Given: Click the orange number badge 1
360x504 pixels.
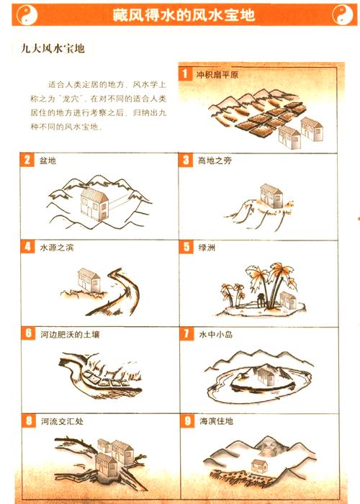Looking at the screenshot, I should click(x=186, y=73).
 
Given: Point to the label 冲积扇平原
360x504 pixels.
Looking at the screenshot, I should click(x=217, y=74).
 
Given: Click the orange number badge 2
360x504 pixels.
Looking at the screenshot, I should click(x=27, y=160).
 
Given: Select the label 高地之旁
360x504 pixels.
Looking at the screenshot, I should click(x=215, y=160).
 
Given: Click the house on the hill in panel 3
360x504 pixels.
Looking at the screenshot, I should click(x=271, y=194).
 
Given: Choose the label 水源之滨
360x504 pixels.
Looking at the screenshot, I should click(x=57, y=247).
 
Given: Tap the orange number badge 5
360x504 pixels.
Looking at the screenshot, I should click(x=186, y=247).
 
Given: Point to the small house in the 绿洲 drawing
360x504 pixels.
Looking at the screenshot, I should click(x=288, y=299).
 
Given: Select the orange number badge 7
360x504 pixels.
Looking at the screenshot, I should click(x=186, y=334).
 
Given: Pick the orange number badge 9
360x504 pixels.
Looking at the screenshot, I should click(x=186, y=420).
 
